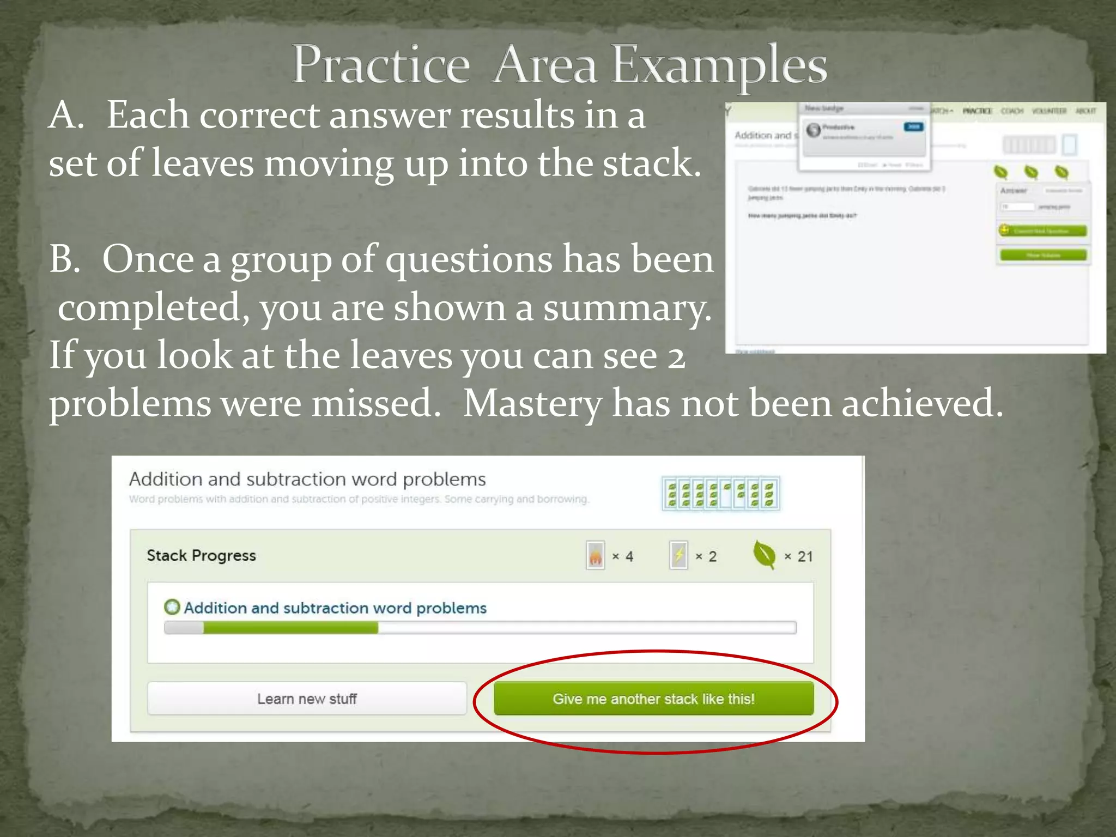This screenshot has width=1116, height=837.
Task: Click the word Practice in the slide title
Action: coord(380,65)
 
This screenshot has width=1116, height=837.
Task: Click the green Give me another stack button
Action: coord(653,699)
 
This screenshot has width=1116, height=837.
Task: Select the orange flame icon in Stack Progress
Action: coord(595,556)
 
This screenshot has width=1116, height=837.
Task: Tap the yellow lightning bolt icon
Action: coord(678,556)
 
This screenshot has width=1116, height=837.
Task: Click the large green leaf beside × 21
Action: coord(763,555)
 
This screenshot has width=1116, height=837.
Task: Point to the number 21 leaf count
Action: coord(805,556)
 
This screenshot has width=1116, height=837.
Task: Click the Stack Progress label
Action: coord(201,555)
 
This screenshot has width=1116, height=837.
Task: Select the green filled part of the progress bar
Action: coord(290,628)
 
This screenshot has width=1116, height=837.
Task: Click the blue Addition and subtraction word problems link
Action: coord(335,608)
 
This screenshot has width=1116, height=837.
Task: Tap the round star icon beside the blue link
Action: coord(172,607)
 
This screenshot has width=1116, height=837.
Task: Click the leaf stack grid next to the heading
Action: coord(720,494)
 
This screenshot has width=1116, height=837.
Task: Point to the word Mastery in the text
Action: coord(532,403)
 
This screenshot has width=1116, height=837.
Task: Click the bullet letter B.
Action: coord(64,259)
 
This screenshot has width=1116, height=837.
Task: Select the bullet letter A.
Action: coord(65,116)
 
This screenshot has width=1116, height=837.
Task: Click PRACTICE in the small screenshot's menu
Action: coord(977,111)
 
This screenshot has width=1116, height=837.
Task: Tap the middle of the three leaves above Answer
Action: coord(1031,172)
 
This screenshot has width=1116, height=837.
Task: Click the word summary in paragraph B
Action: coord(627,308)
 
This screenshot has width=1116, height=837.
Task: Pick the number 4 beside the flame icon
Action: coord(629,556)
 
